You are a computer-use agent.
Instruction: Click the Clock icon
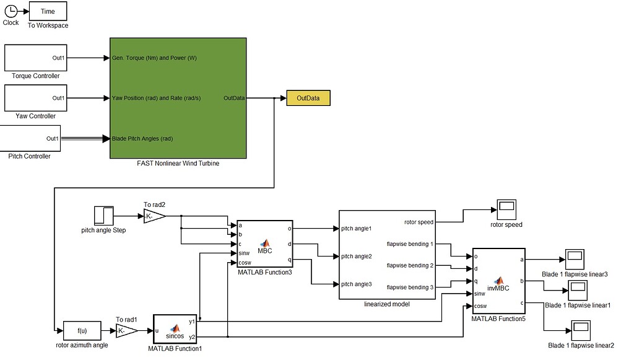pyautogui.click(x=11, y=11)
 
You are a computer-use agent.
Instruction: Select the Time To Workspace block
pyautogui.click(x=48, y=11)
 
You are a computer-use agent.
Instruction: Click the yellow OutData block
pyautogui.click(x=308, y=98)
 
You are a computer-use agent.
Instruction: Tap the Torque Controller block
pyautogui.click(x=35, y=58)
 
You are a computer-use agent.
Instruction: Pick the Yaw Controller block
pyautogui.click(x=35, y=98)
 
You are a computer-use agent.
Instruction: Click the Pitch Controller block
pyautogui.click(x=30, y=138)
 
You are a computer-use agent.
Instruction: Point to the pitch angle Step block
pyautogui.click(x=103, y=216)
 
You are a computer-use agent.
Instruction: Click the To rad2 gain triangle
pyautogui.click(x=154, y=216)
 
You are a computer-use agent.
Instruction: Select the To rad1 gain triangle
pyautogui.click(x=126, y=331)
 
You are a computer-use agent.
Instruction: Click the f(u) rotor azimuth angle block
pyautogui.click(x=82, y=331)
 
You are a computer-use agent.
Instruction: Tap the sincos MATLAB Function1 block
pyautogui.click(x=175, y=329)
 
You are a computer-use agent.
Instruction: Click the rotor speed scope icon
pyautogui.click(x=506, y=209)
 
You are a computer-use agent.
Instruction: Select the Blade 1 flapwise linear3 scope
pyautogui.click(x=575, y=259)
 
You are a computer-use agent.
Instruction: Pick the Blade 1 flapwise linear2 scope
pyautogui.click(x=581, y=330)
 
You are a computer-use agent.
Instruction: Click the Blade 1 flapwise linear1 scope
pyautogui.click(x=578, y=290)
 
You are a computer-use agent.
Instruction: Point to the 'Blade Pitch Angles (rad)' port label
pyautogui.click(x=142, y=138)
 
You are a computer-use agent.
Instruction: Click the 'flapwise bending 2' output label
pyautogui.click(x=410, y=265)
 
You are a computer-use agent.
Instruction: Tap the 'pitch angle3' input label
pyautogui.click(x=356, y=284)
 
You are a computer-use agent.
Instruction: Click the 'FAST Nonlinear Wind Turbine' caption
pyautogui.click(x=178, y=164)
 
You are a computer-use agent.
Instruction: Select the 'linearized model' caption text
pyautogui.click(x=387, y=304)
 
